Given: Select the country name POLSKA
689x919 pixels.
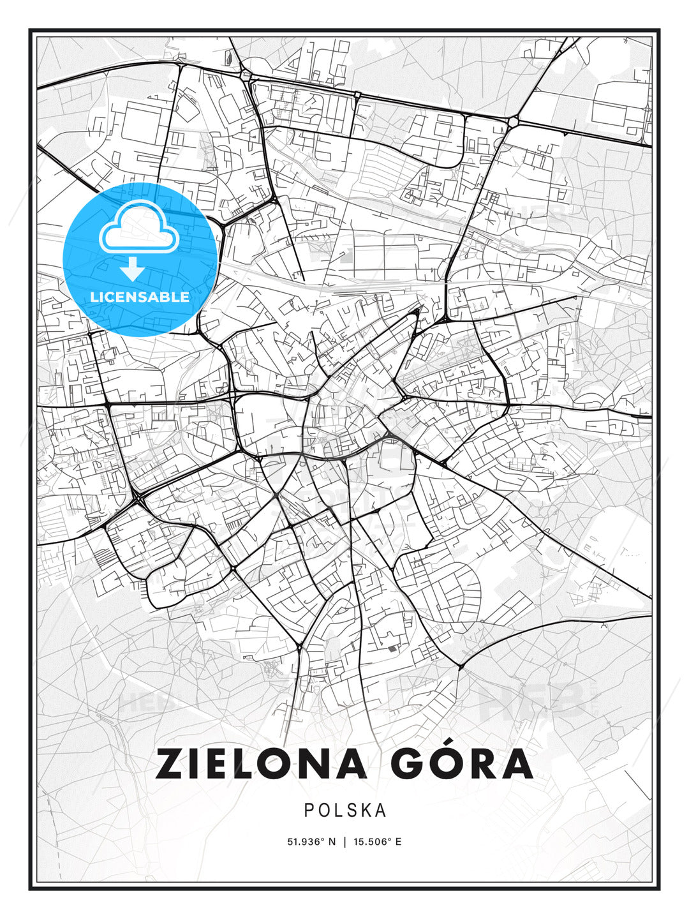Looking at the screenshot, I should (x=345, y=811).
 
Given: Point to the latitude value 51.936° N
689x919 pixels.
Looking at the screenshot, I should (x=311, y=842).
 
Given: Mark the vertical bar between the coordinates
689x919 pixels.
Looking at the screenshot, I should (x=345, y=842).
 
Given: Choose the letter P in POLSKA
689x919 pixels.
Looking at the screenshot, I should (x=309, y=811).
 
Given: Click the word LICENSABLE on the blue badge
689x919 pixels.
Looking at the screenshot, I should (x=140, y=297).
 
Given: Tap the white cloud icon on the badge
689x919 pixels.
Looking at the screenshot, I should (x=138, y=227).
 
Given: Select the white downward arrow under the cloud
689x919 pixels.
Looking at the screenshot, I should (x=132, y=270).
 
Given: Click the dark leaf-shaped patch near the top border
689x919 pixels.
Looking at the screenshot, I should (x=229, y=57).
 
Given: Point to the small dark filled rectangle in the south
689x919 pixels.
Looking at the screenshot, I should (x=391, y=649).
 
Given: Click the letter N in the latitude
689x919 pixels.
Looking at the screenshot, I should (x=332, y=842).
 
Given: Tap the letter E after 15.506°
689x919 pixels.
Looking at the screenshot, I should (x=398, y=842).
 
